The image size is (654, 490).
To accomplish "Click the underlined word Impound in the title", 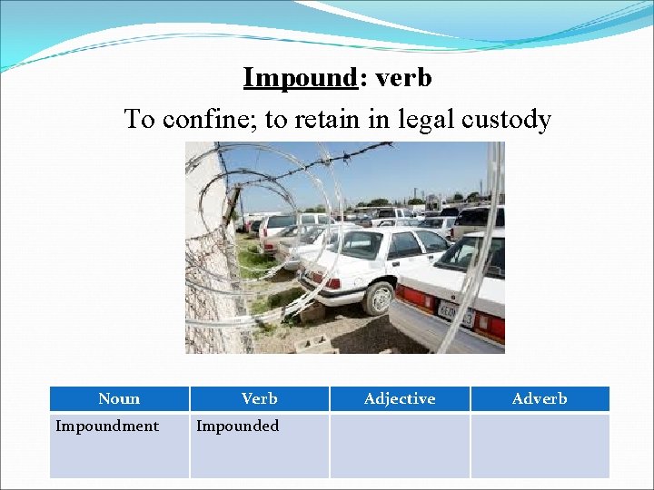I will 300,78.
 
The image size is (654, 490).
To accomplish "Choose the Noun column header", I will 119,398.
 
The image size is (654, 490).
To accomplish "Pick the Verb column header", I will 260,398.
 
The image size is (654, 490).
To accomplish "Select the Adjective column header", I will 400,398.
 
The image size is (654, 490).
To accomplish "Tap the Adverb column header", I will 540,398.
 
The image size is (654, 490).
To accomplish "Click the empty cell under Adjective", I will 400,445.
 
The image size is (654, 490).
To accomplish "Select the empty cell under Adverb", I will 540,445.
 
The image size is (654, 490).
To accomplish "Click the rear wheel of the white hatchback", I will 378,298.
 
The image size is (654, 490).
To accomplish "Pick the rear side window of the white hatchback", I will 404,243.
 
